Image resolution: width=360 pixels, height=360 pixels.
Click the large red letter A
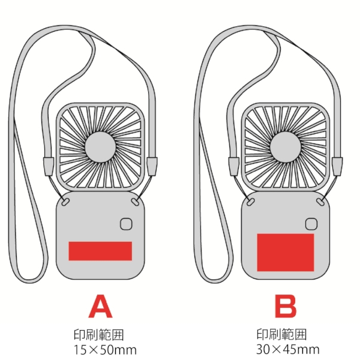[x=100, y=306]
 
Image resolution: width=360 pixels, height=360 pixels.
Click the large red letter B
[x=286, y=306]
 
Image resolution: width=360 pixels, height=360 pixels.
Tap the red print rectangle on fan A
[x=100, y=251]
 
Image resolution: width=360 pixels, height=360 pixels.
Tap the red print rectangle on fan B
[x=286, y=252]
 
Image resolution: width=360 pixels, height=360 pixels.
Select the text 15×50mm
[x=103, y=349]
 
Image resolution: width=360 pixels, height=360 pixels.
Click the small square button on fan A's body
[x=127, y=224]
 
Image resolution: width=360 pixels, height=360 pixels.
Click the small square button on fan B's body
[x=311, y=224]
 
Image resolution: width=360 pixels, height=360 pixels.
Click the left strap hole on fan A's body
[x=67, y=199]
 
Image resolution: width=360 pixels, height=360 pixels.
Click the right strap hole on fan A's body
[x=134, y=199]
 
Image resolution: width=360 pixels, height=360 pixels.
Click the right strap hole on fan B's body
[x=319, y=199]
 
